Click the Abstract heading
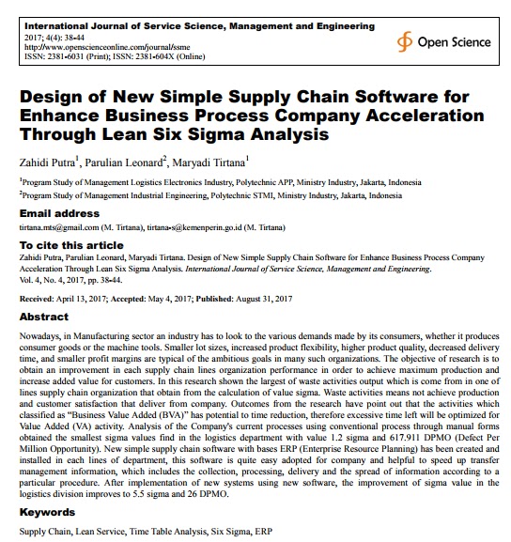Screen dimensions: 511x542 pos(45,317)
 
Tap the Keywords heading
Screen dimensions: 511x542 pos(49,514)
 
